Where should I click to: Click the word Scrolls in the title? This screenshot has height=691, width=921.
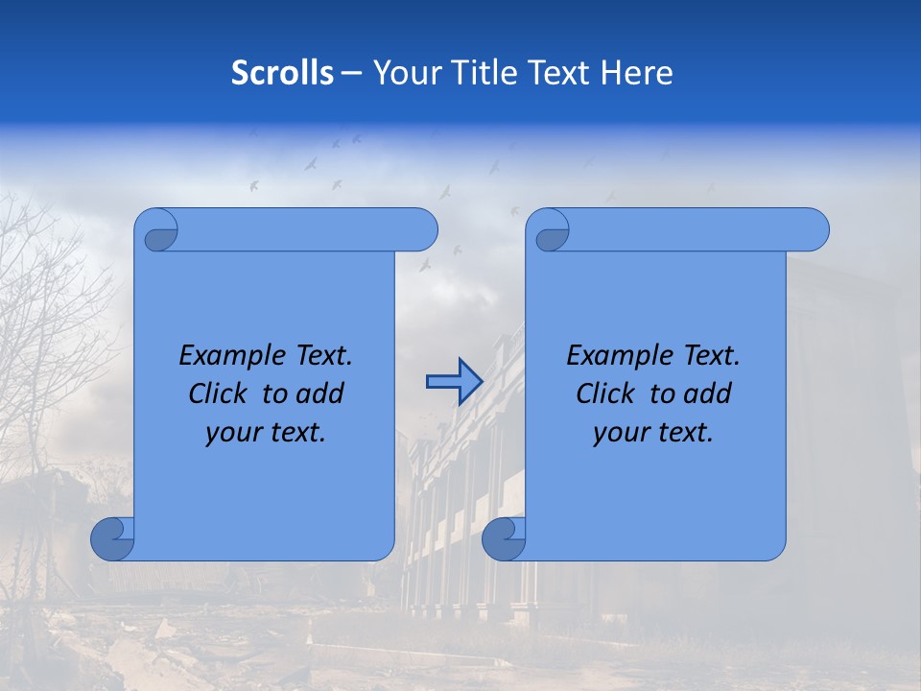[282, 73]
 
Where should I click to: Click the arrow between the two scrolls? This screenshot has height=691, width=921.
[454, 382]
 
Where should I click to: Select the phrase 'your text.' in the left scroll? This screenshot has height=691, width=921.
[266, 432]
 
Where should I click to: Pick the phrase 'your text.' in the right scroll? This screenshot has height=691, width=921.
[653, 432]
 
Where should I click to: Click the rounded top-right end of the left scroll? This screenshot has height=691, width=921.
[422, 229]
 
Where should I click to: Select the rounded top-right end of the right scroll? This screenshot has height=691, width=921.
[814, 229]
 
